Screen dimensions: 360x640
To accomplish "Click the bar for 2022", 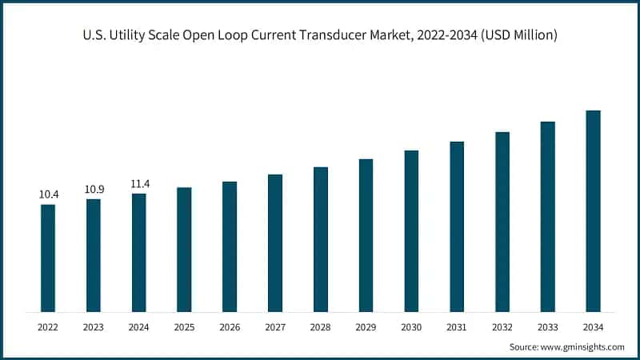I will click(48, 258).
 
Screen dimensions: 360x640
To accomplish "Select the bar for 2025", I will click(184, 249).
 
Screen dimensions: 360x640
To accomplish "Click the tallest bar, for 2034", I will click(593, 210).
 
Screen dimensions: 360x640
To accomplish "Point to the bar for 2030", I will click(411, 230).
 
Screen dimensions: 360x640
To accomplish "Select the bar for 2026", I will click(230, 246).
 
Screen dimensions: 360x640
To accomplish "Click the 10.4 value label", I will click(48, 194).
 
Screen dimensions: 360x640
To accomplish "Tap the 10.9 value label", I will click(94, 189).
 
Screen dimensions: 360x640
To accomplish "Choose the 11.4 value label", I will click(139, 184).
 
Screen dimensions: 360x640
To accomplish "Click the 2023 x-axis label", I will click(94, 326).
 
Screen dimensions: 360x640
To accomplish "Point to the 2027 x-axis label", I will click(275, 326).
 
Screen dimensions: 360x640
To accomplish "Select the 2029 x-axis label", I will click(366, 326).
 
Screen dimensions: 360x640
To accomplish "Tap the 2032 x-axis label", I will click(502, 326).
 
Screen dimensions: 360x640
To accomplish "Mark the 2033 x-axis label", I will click(547, 326).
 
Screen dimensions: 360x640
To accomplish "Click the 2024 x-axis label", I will click(139, 326).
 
